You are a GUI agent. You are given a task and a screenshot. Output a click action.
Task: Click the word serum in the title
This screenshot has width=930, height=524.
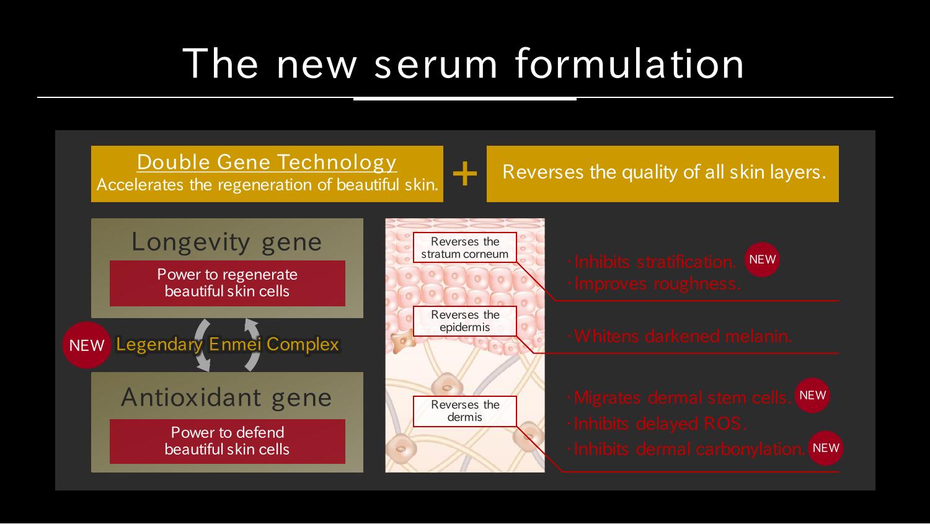point(435,64)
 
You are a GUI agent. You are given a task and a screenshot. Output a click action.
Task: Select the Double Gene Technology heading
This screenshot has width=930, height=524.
point(267,162)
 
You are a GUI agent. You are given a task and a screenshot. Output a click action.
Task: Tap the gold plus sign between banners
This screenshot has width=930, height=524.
point(464,174)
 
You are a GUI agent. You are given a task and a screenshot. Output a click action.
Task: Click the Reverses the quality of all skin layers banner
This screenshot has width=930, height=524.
point(663,174)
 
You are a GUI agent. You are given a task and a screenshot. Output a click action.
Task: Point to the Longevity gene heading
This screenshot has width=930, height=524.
point(227,242)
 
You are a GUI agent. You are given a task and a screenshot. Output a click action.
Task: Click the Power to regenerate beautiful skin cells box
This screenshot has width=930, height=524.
point(227,283)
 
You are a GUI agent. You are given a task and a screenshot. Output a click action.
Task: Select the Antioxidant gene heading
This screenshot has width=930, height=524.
point(227,397)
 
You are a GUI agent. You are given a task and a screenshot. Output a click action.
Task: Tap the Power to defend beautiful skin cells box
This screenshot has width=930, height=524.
point(227,442)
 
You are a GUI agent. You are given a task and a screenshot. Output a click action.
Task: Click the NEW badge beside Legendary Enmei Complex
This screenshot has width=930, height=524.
point(86,345)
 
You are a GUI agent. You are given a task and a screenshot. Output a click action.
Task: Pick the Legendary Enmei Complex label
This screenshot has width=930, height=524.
point(228,344)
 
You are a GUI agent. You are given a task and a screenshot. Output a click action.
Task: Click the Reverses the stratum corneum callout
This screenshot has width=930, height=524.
point(464,247)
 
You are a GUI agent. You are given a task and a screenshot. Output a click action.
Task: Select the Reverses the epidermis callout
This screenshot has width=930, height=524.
point(464,321)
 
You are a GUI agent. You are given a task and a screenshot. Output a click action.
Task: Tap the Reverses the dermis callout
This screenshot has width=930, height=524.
point(464,411)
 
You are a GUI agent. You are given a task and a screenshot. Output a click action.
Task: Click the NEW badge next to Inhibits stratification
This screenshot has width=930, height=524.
point(762,259)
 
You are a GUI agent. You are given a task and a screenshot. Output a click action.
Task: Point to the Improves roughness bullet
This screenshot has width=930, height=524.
point(654,284)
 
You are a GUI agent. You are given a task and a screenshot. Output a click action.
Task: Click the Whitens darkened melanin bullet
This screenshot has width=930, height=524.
point(680,336)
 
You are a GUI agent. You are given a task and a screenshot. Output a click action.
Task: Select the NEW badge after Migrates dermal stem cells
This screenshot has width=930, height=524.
point(812,395)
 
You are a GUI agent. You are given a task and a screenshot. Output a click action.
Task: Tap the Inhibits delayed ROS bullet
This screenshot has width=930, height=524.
point(657,424)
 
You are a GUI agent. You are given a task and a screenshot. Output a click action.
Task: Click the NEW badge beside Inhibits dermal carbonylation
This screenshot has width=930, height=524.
point(826,448)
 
